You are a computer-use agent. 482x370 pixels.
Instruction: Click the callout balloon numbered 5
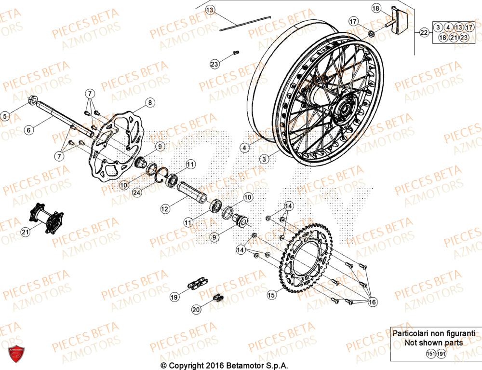point(5,116)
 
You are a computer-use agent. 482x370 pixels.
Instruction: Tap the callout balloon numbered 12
point(165,209)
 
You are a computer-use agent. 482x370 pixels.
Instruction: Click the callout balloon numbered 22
point(424,33)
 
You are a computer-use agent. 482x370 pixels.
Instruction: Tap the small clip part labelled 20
point(218,298)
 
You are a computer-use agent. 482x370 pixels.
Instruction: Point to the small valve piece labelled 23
point(236,53)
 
